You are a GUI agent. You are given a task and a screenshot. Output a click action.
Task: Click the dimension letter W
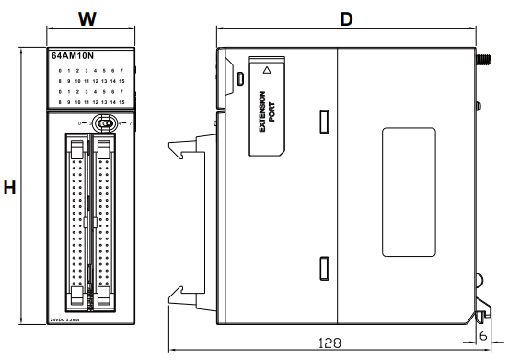(x=87, y=17)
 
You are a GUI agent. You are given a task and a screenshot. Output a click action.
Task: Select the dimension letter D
(x=347, y=19)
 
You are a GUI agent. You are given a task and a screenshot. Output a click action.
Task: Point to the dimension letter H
(x=11, y=187)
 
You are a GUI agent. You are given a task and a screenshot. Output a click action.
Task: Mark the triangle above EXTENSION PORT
(x=267, y=70)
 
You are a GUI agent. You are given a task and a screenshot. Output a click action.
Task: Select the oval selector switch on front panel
(x=106, y=122)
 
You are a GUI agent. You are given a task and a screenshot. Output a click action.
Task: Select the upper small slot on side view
(x=324, y=121)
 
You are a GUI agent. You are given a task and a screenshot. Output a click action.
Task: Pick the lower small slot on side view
(x=324, y=268)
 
